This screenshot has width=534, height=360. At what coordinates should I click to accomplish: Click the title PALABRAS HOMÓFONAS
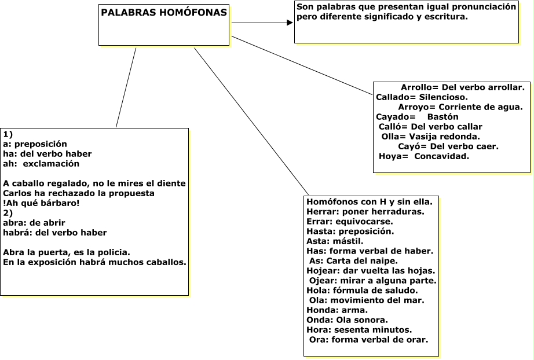tap(164, 13)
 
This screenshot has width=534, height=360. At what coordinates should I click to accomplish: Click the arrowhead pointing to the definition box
tap(290, 23)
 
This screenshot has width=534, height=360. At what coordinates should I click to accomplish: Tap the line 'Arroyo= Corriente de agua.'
tap(460, 107)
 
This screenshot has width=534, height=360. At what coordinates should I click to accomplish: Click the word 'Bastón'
tap(442, 117)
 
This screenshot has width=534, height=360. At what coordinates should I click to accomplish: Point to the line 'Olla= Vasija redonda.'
tap(430, 137)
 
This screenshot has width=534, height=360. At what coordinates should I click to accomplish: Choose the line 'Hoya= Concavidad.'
tap(424, 156)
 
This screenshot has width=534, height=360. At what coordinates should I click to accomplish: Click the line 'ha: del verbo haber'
tap(47, 154)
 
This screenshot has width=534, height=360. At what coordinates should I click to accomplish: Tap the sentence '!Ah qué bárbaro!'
tap(41, 203)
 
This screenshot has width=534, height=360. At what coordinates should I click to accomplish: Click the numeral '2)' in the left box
tap(8, 213)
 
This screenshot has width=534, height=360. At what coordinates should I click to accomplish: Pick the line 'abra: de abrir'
tap(34, 223)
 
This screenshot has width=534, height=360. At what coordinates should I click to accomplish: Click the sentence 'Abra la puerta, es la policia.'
tap(67, 252)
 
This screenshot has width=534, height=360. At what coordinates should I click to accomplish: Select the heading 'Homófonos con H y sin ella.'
tap(370, 202)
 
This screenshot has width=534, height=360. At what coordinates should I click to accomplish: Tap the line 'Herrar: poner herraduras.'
tap(365, 212)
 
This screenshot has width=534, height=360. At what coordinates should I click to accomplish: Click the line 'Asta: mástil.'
tap(335, 241)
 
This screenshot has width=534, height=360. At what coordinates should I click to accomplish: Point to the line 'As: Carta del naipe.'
tap(353, 261)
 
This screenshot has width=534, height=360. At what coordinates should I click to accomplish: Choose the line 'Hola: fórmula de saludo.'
tap(362, 291)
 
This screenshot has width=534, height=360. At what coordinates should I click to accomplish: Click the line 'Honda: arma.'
tap(337, 310)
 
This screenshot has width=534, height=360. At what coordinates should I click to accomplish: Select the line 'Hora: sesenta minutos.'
tap(359, 330)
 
